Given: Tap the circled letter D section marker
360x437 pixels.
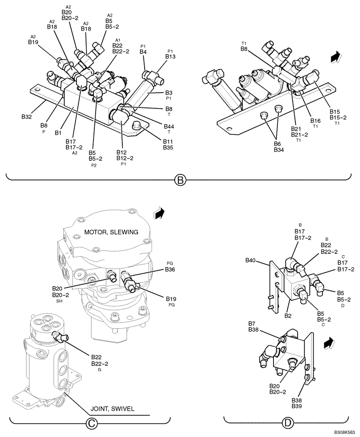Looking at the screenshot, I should click(x=287, y=423).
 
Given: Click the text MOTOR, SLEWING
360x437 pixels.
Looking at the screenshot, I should click(x=111, y=232).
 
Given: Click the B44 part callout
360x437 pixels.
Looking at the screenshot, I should click(x=169, y=126).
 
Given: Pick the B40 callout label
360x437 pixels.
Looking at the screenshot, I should click(x=250, y=261).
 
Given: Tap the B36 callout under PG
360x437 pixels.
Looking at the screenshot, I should click(x=170, y=270).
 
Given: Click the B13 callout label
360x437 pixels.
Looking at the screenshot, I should click(x=170, y=56).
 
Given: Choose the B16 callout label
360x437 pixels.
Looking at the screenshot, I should click(x=315, y=121).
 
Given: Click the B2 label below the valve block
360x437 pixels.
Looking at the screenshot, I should click(x=288, y=316).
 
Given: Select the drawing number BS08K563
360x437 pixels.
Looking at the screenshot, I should click(x=345, y=432).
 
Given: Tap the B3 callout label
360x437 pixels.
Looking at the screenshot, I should click(x=169, y=93).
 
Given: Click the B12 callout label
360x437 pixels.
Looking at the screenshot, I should click(x=121, y=152).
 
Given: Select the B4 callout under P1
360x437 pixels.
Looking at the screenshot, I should click(x=143, y=52).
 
